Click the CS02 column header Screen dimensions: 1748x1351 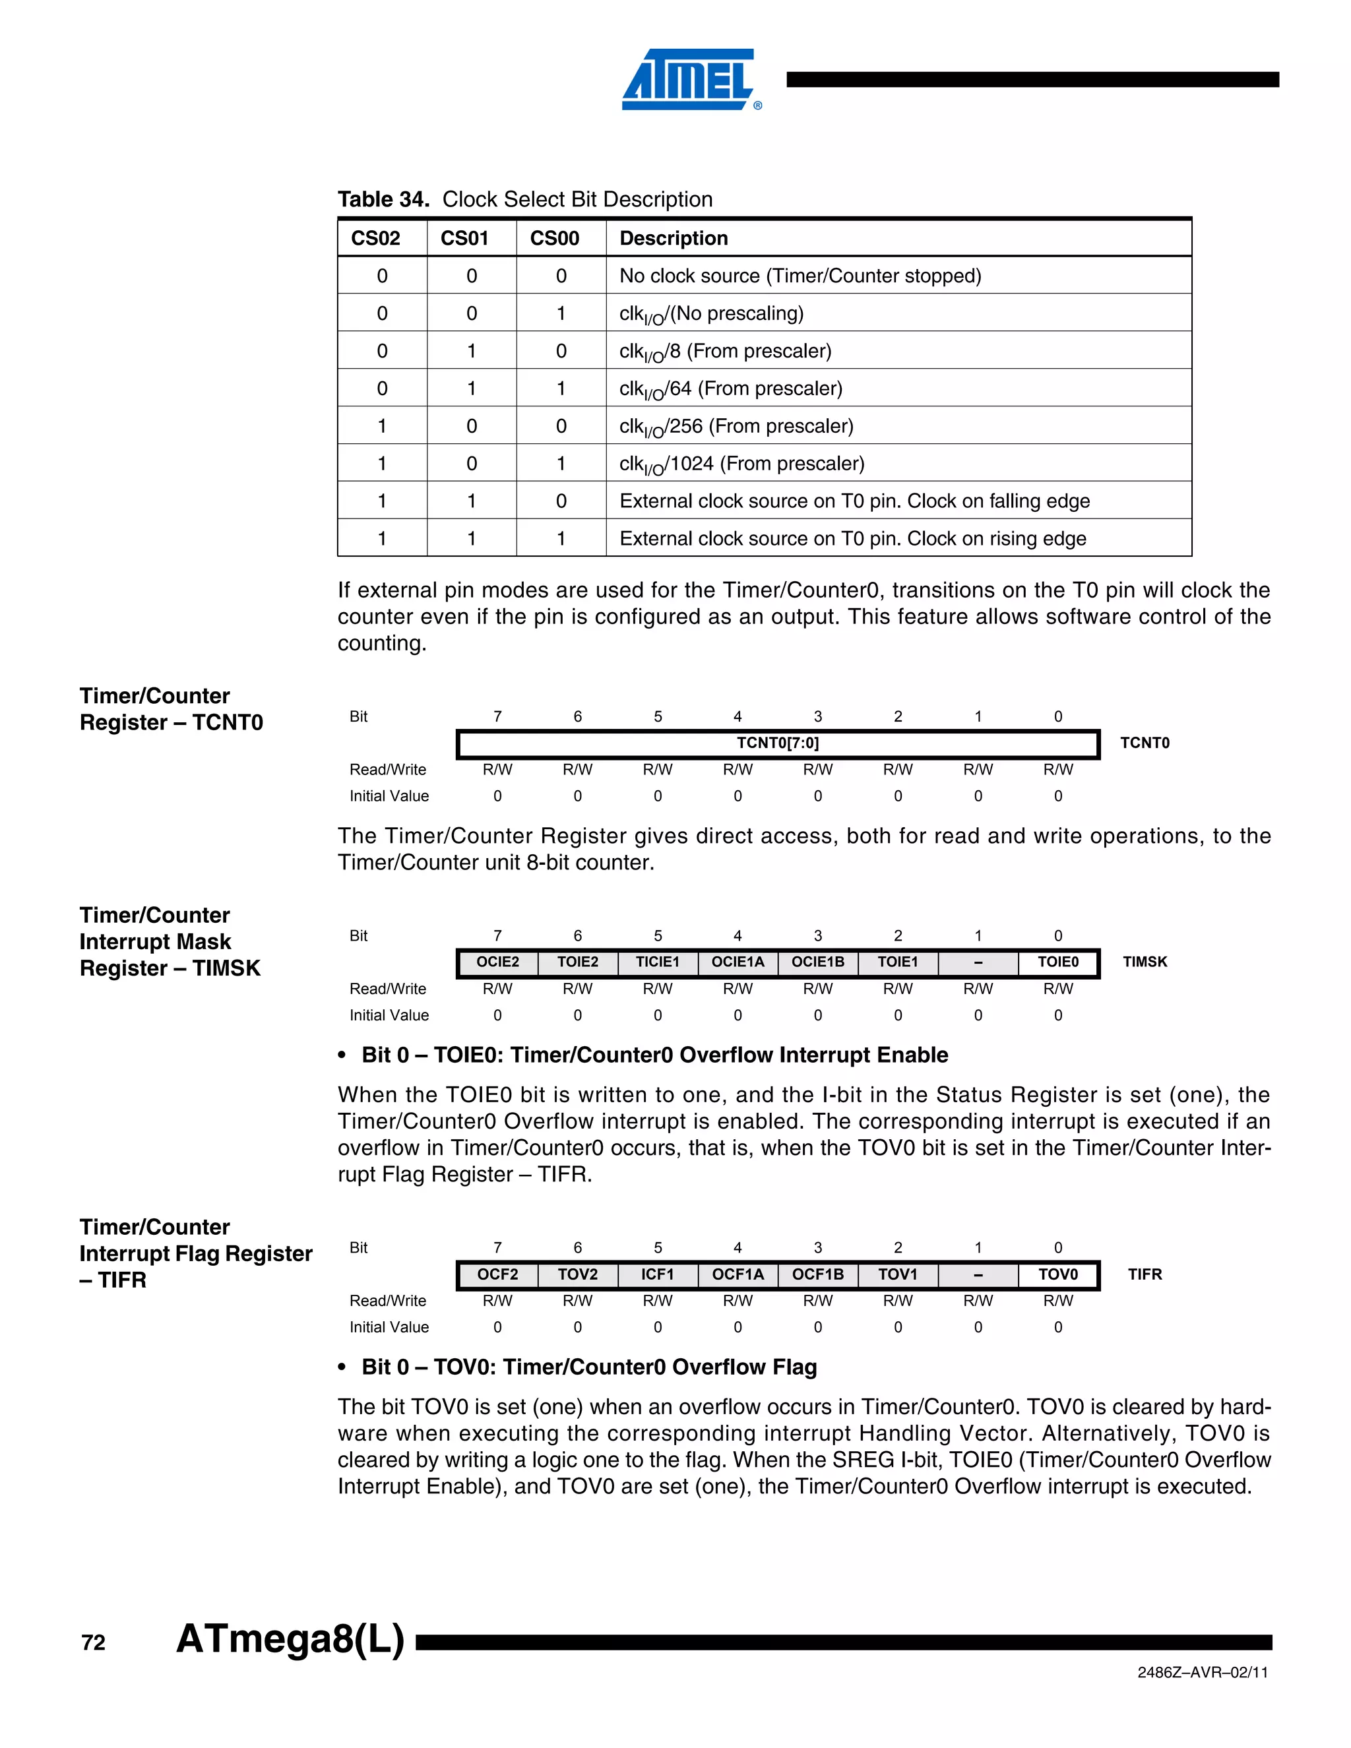coord(375,239)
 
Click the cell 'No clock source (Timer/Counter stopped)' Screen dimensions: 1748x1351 coord(800,276)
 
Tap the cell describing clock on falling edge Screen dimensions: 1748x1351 coord(854,501)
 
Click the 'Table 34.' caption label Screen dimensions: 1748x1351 coord(383,199)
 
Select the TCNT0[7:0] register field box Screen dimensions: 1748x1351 coord(777,743)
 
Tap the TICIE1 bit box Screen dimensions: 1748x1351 coord(657,962)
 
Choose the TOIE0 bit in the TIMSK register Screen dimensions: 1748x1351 coord(1057,962)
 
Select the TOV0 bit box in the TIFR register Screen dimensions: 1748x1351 coord(1057,1274)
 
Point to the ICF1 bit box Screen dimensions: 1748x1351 coord(657,1274)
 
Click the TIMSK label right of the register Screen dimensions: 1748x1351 coord(1145,962)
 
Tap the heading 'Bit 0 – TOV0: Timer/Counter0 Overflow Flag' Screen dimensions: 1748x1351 coord(589,1367)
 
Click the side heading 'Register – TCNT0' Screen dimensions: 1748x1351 coord(172,723)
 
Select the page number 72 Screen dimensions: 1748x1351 coord(94,1643)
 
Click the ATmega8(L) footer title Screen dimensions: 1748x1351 coord(290,1639)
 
